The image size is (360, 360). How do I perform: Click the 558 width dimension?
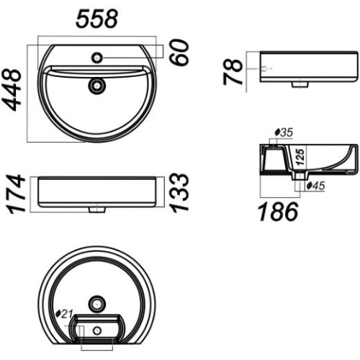(x=96, y=19)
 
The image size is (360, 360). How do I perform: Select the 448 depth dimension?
(x=12, y=90)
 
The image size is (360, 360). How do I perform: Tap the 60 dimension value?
(x=179, y=53)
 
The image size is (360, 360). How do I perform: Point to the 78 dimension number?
(x=233, y=72)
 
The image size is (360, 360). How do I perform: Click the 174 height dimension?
(x=17, y=194)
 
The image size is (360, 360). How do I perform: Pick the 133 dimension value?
(x=179, y=193)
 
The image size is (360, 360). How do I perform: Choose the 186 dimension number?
(x=279, y=212)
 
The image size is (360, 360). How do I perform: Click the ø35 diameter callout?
(x=284, y=132)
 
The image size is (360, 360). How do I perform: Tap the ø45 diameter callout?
(x=316, y=186)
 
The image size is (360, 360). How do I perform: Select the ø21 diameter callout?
(x=64, y=314)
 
